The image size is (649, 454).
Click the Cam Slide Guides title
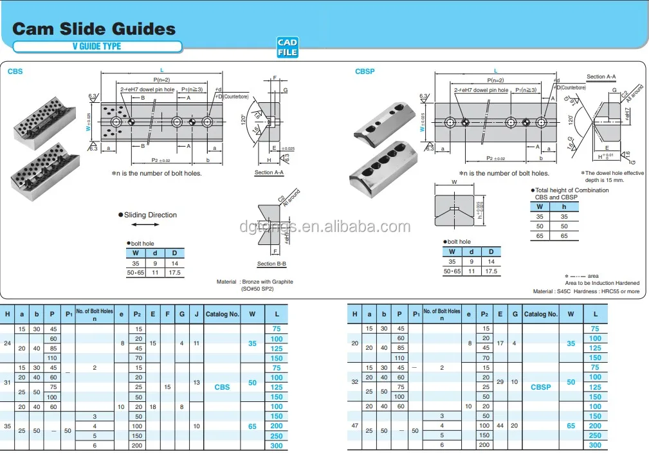94,29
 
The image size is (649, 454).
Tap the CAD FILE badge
288,47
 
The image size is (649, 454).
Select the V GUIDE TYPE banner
96,46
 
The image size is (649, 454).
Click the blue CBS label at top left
15,71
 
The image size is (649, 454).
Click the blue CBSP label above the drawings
365,71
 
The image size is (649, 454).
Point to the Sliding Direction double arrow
145,225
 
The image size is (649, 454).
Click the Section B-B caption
271,264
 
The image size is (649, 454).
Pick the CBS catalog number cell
221,387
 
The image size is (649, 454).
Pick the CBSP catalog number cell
540,387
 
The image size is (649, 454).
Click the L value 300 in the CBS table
277,446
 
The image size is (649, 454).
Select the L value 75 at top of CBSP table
595,329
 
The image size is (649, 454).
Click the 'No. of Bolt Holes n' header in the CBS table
94,314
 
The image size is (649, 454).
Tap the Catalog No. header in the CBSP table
540,314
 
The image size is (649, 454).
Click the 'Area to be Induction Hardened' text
602,283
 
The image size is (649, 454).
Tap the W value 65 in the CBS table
252,426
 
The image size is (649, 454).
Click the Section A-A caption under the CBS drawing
269,172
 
